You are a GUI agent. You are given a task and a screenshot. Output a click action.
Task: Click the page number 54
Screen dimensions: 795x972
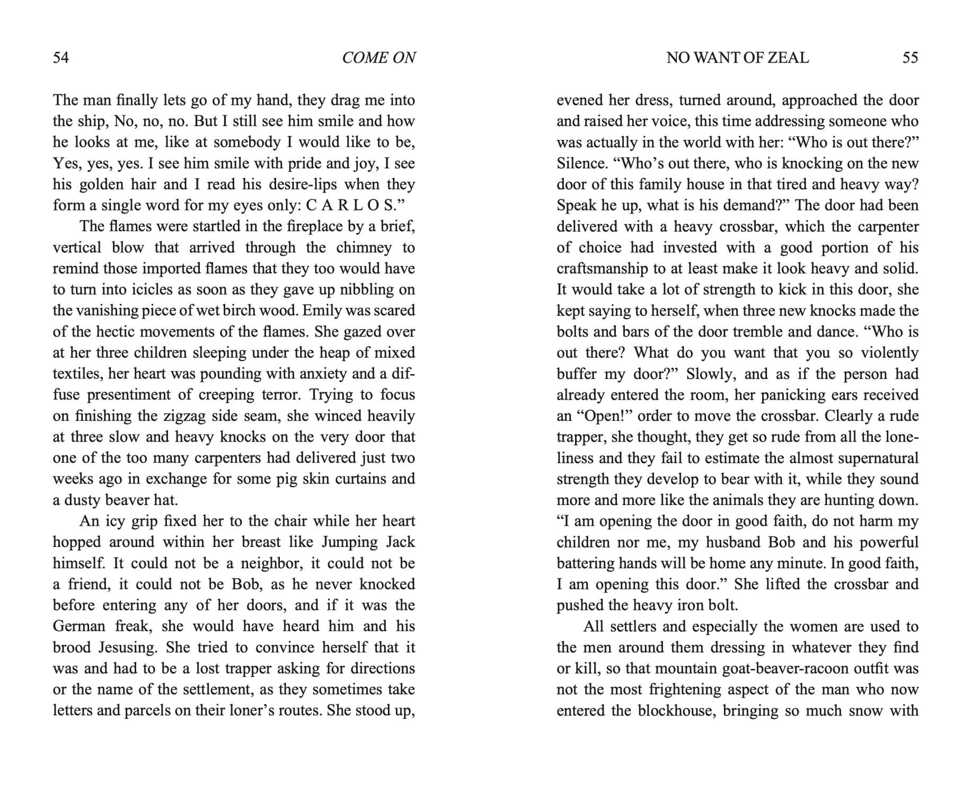61,57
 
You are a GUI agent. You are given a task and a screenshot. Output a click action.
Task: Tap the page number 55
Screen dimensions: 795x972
910,57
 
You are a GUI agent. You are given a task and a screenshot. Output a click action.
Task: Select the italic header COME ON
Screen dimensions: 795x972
379,57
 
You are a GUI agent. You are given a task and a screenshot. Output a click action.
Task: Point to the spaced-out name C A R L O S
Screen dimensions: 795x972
350,205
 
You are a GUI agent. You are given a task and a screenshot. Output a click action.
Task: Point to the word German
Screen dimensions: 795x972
79,626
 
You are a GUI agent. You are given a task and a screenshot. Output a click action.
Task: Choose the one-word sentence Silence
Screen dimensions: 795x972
581,163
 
